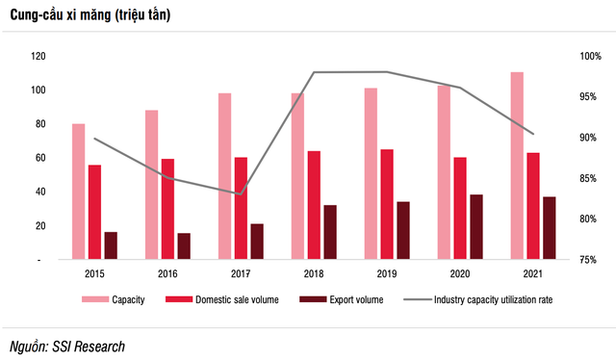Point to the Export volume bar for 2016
point(184,246)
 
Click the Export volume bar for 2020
point(476,227)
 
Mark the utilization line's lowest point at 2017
point(242,193)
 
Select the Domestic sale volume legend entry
point(230,300)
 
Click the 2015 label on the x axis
point(94,273)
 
